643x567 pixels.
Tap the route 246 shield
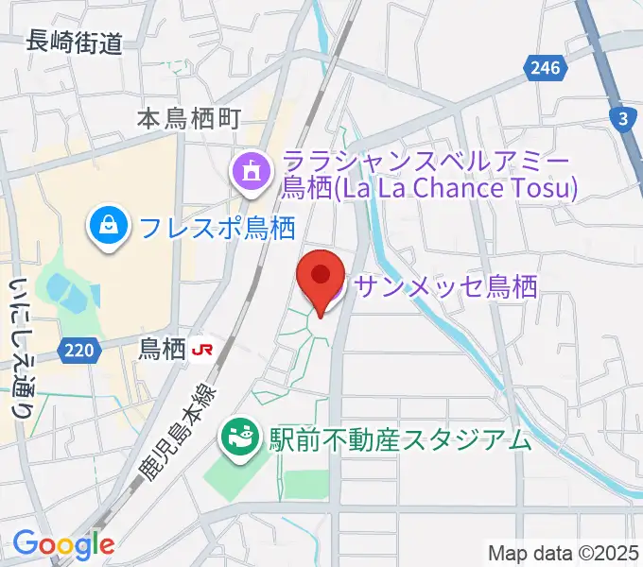(546, 67)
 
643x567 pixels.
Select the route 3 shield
(622, 119)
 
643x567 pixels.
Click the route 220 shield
(79, 351)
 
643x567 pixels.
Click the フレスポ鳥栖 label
(217, 227)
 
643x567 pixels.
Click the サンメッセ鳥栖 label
(445, 286)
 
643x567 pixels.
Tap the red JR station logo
(201, 350)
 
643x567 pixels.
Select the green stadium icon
(238, 438)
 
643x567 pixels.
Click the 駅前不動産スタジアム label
(400, 438)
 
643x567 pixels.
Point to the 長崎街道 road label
(75, 42)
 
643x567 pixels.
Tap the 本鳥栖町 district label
(189, 118)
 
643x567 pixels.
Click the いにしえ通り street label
(20, 347)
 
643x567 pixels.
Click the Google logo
(63, 543)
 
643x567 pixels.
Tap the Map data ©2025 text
(564, 553)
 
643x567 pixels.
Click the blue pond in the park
(59, 284)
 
